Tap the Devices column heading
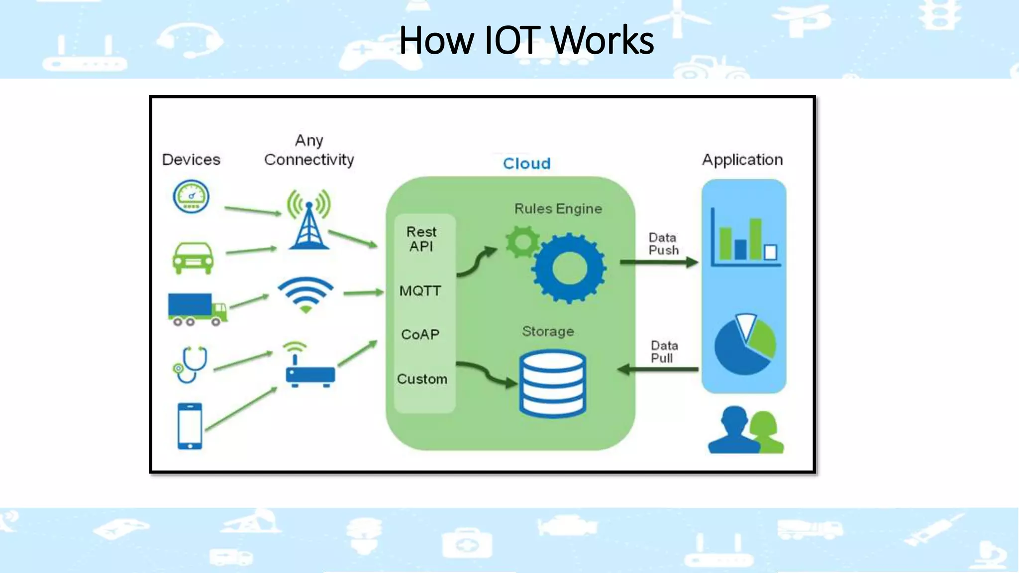pos(191,160)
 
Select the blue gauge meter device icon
pos(191,196)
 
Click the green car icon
pos(193,258)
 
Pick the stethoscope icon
pos(191,365)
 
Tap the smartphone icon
pos(190,426)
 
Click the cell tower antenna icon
pos(308,220)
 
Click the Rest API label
pos(421,239)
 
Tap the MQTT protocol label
pos(420,290)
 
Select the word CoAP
pos(420,334)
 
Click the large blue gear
pos(569,269)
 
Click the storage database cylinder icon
pos(552,383)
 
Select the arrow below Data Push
pos(659,262)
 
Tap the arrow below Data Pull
pos(658,369)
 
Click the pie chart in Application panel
pos(744,344)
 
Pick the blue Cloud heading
pos(526,164)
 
